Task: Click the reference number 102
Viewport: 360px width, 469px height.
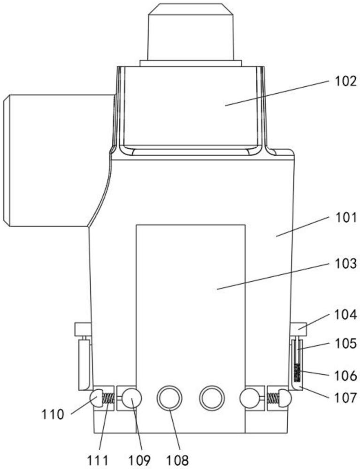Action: click(345, 81)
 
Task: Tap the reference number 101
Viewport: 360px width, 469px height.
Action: click(345, 218)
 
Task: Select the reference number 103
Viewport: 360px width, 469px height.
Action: click(345, 264)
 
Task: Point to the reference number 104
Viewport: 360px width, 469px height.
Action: click(345, 315)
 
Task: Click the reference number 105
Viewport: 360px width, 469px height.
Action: click(345, 344)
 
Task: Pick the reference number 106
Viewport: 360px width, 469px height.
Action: click(345, 375)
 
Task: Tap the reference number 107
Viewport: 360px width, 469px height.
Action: click(345, 398)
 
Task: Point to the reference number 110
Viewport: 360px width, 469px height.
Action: click(53, 415)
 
